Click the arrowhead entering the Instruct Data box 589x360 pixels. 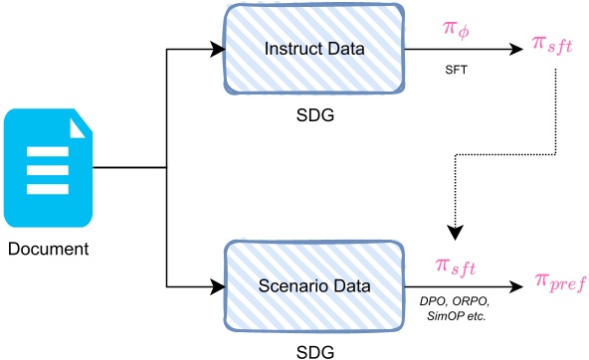click(218, 47)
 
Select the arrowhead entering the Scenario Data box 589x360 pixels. click(218, 287)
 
